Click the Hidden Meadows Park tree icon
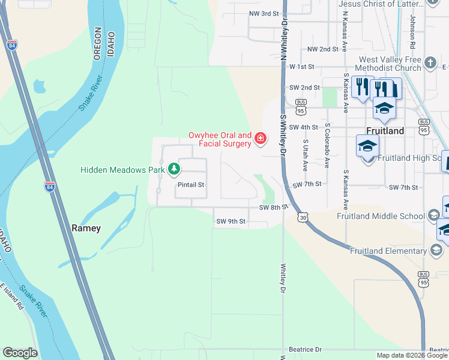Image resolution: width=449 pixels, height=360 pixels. (x=174, y=170)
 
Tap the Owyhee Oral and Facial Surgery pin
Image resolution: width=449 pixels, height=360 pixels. (x=260, y=139)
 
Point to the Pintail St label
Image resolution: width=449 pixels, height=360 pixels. (x=190, y=185)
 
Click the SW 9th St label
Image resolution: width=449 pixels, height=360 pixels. (x=231, y=221)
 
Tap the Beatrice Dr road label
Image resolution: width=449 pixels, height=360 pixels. (x=306, y=349)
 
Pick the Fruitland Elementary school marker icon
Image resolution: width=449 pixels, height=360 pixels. (x=436, y=250)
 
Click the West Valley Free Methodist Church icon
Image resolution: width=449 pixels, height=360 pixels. (x=430, y=63)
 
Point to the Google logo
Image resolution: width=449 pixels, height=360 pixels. (x=20, y=353)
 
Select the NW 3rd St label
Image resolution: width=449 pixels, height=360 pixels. (x=264, y=13)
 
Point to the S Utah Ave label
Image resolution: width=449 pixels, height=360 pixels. (x=305, y=155)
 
